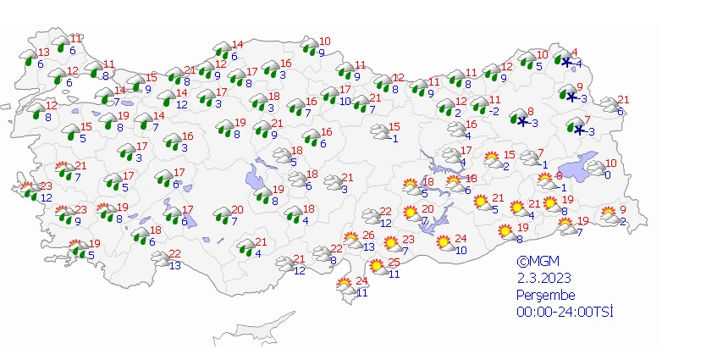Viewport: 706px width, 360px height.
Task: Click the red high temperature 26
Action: pyautogui.click(x=368, y=235)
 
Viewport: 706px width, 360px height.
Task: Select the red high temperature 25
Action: pyautogui.click(x=394, y=263)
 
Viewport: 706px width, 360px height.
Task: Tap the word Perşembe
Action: pyautogui.click(x=546, y=295)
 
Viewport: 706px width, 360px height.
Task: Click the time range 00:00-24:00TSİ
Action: pyautogui.click(x=565, y=312)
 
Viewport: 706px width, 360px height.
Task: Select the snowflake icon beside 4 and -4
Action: pyautogui.click(x=565, y=61)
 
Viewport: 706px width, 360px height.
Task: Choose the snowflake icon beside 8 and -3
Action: pyautogui.click(x=522, y=121)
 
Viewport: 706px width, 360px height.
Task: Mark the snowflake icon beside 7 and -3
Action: pyautogui.click(x=579, y=130)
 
